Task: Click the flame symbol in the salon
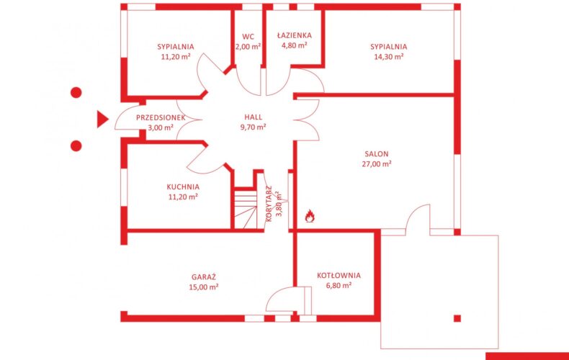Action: (310, 215)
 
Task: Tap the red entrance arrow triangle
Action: (102, 119)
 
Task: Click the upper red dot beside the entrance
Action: (76, 93)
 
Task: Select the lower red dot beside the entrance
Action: (76, 146)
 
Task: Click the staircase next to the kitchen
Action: (246, 210)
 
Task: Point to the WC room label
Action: (248, 37)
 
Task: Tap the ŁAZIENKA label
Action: (295, 35)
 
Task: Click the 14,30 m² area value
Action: (389, 57)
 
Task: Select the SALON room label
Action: (377, 154)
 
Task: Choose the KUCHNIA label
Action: (183, 187)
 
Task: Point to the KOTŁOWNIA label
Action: (339, 276)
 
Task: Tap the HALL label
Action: (253, 117)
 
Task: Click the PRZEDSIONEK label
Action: (161, 117)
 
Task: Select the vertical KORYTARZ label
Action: (269, 204)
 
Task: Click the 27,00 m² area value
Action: (377, 163)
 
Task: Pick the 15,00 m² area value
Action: (204, 287)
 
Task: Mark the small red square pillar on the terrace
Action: (457, 318)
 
